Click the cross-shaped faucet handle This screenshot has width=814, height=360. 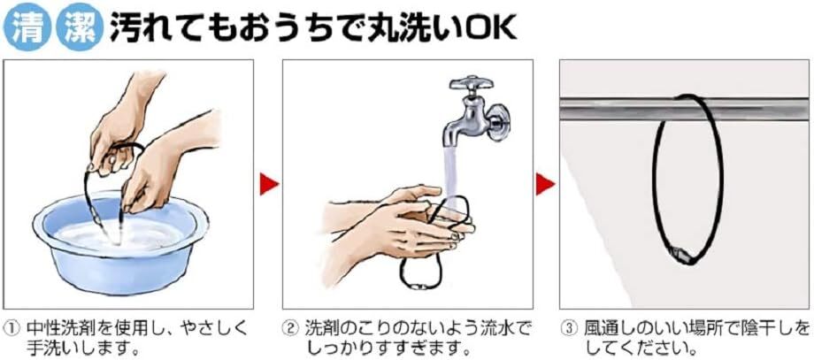click(472, 84)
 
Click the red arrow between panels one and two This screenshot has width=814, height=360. click(268, 184)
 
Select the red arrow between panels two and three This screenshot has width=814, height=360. click(545, 184)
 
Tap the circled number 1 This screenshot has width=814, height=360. click(11, 329)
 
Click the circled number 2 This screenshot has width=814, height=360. click(289, 329)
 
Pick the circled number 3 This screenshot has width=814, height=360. click(570, 329)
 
